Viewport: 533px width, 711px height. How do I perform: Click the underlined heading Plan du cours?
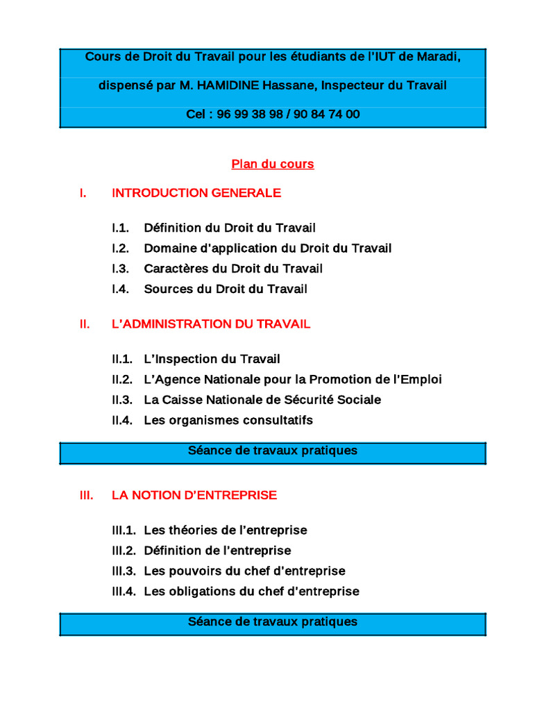[x=273, y=165]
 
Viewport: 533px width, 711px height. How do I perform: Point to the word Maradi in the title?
[x=439, y=56]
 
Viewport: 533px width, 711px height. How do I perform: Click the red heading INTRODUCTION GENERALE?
[x=196, y=193]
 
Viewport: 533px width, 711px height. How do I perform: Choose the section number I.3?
[x=120, y=269]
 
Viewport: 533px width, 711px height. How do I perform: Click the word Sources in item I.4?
[x=167, y=289]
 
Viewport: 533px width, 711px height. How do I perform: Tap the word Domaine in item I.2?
[x=168, y=248]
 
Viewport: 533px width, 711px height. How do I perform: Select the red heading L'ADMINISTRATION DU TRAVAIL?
[x=211, y=324]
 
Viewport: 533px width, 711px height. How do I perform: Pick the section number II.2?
[x=121, y=380]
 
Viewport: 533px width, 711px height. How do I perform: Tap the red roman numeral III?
[x=87, y=496]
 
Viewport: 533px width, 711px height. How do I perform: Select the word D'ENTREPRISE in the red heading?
[x=237, y=496]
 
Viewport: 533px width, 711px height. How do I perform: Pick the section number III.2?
[x=124, y=551]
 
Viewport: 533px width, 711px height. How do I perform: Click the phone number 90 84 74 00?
[x=327, y=115]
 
